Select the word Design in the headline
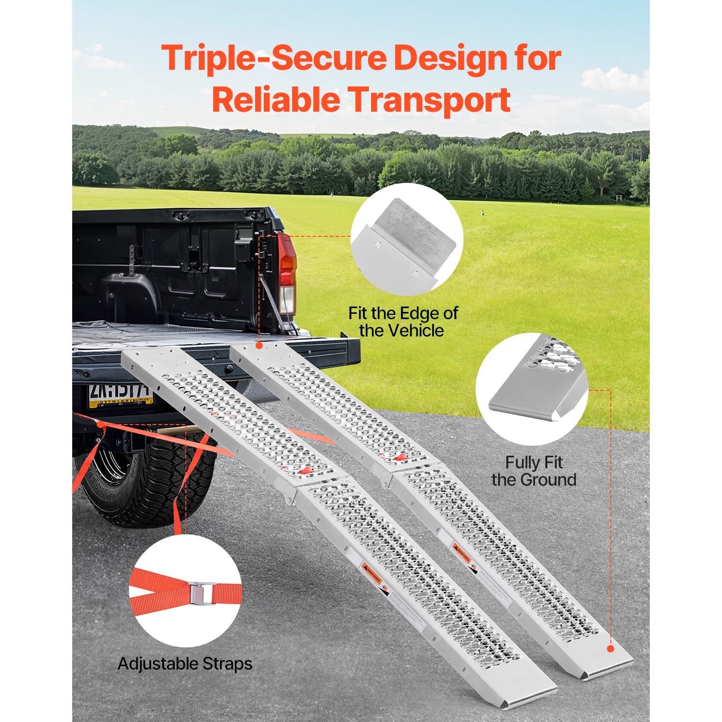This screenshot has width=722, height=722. tap(450, 59)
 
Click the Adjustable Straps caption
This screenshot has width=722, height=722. tap(185, 664)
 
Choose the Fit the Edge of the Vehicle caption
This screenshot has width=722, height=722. tap(402, 322)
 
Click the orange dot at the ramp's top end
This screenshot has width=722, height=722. tap(259, 346)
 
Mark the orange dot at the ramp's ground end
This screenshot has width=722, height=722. tap(610, 648)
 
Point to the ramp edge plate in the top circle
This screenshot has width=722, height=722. tap(407, 245)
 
